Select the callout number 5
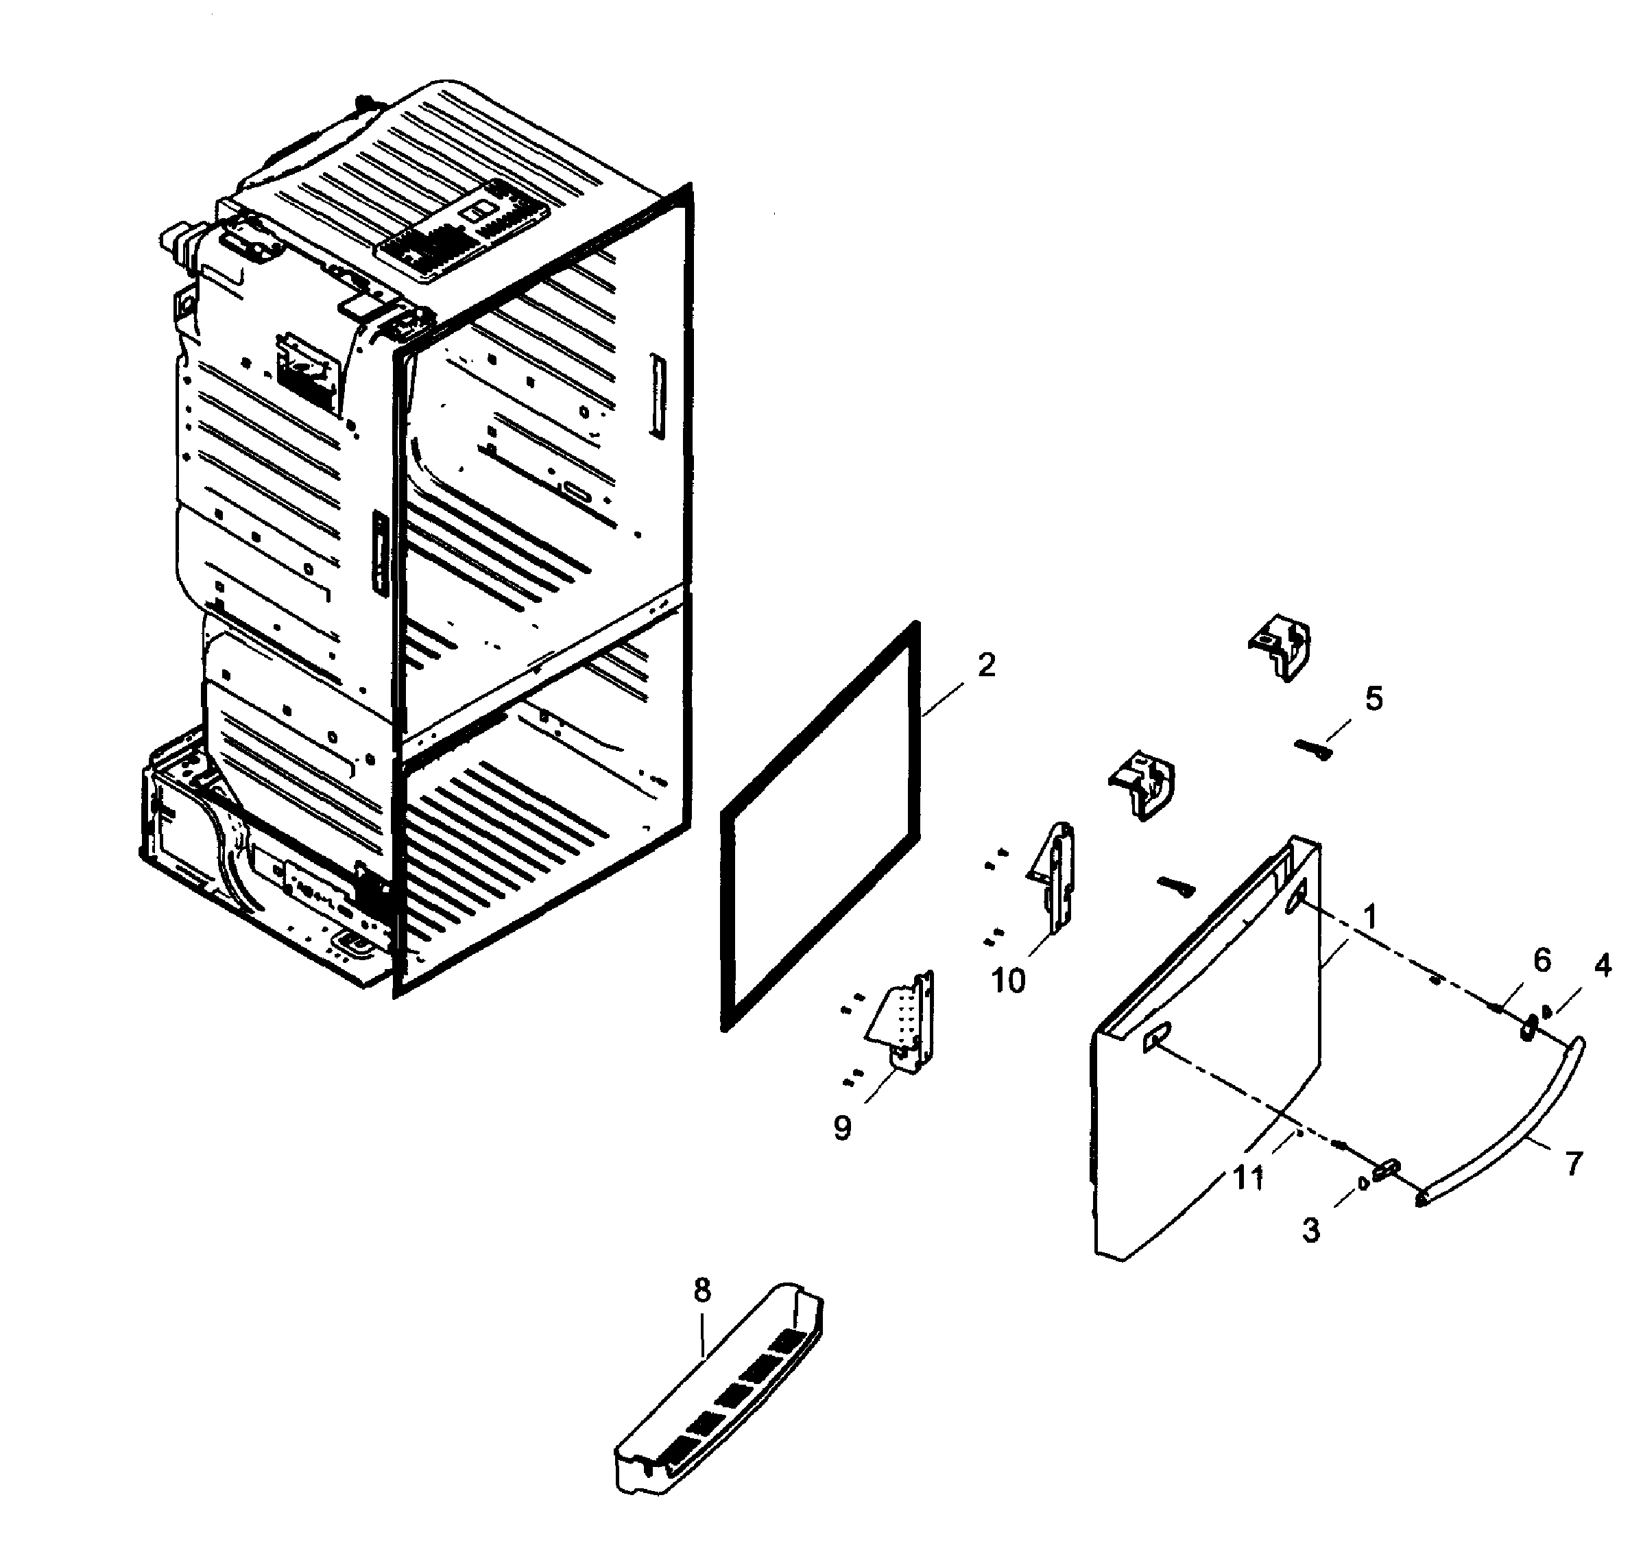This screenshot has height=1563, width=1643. click(1373, 698)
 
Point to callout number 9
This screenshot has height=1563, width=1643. click(842, 1128)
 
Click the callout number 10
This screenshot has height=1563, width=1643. click(1007, 981)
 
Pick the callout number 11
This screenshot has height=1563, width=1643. click(1248, 1178)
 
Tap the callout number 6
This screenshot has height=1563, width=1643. click(1542, 961)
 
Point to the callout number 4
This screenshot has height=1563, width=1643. click(1602, 966)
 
